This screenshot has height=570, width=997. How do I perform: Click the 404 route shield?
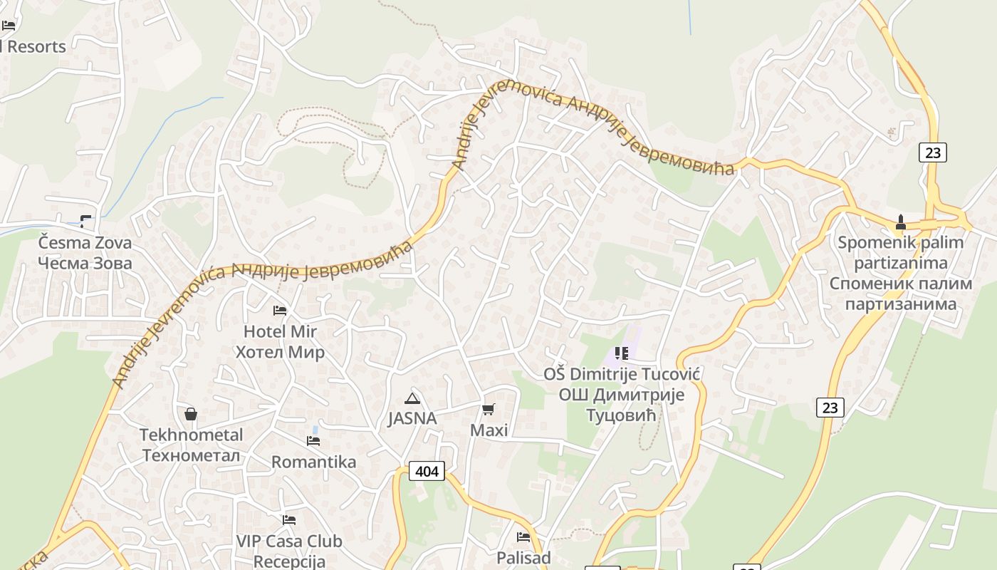point(427,471)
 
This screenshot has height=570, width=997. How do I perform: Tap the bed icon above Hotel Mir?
point(280,311)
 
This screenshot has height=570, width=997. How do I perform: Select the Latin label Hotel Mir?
point(280,331)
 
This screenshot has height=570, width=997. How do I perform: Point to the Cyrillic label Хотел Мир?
point(280,352)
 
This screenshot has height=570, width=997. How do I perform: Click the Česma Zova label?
point(85,242)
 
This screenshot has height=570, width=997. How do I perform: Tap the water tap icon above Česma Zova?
point(85,221)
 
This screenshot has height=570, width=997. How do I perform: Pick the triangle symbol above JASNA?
point(412,398)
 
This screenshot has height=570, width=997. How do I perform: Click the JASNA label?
point(412,418)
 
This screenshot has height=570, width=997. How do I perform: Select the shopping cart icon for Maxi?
point(489,409)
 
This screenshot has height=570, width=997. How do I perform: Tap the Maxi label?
point(489,430)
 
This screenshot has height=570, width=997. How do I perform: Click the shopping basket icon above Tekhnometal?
point(191,414)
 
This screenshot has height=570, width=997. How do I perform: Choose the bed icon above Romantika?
point(313,441)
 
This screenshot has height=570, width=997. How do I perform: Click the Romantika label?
point(313,462)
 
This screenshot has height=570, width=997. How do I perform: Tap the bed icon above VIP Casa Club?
point(288,520)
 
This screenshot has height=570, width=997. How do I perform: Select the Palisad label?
point(523,557)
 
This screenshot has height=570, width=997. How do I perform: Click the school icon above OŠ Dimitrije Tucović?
point(622,353)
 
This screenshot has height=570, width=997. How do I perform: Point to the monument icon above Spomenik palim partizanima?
point(900,222)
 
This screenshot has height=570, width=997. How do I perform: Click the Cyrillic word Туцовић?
point(620,415)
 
